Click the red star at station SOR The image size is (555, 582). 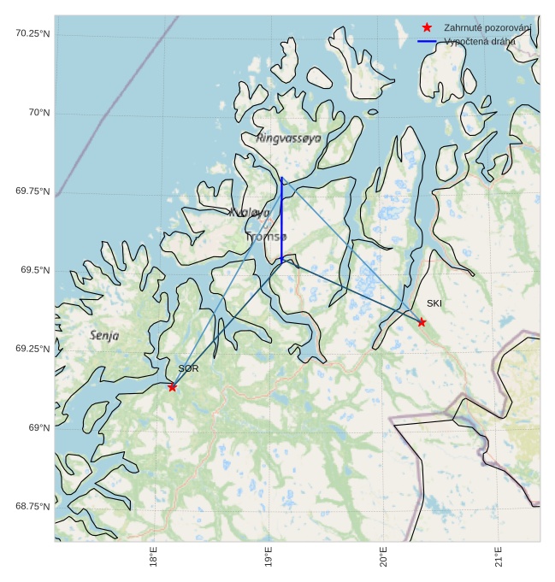click(172, 387)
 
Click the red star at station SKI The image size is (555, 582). click(422, 322)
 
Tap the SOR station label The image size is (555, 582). click(188, 368)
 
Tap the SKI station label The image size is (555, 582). click(434, 303)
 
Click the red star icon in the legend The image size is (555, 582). click(427, 27)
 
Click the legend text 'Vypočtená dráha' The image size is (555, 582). click(480, 41)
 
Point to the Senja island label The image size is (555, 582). click(104, 336)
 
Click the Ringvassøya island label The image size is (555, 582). click(289, 138)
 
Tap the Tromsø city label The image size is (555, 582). click(268, 236)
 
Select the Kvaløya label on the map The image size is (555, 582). click(250, 212)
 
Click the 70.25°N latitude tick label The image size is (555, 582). click(32, 33)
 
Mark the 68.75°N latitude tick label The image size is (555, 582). click(32, 506)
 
